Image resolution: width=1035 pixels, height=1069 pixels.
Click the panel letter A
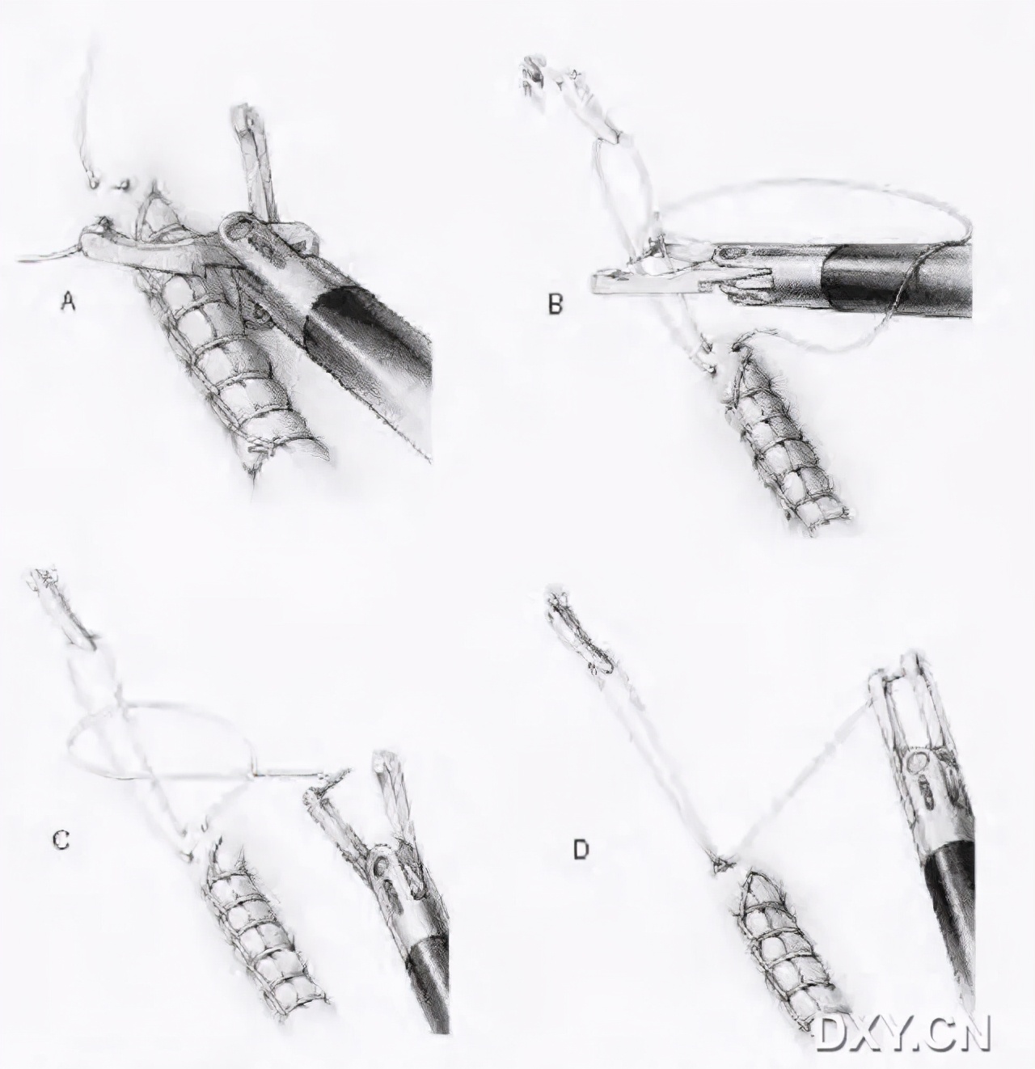(68, 302)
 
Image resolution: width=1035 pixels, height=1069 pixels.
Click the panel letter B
(556, 304)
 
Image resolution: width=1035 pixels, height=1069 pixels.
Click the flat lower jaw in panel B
(648, 285)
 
